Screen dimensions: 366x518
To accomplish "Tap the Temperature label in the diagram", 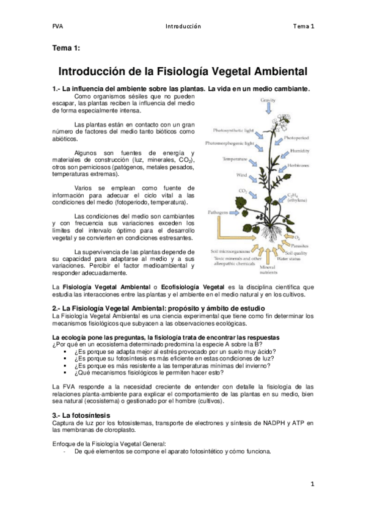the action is pyautogui.click(x=235, y=159).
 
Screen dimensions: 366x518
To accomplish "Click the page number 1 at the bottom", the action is pyautogui.click(x=312, y=484).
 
